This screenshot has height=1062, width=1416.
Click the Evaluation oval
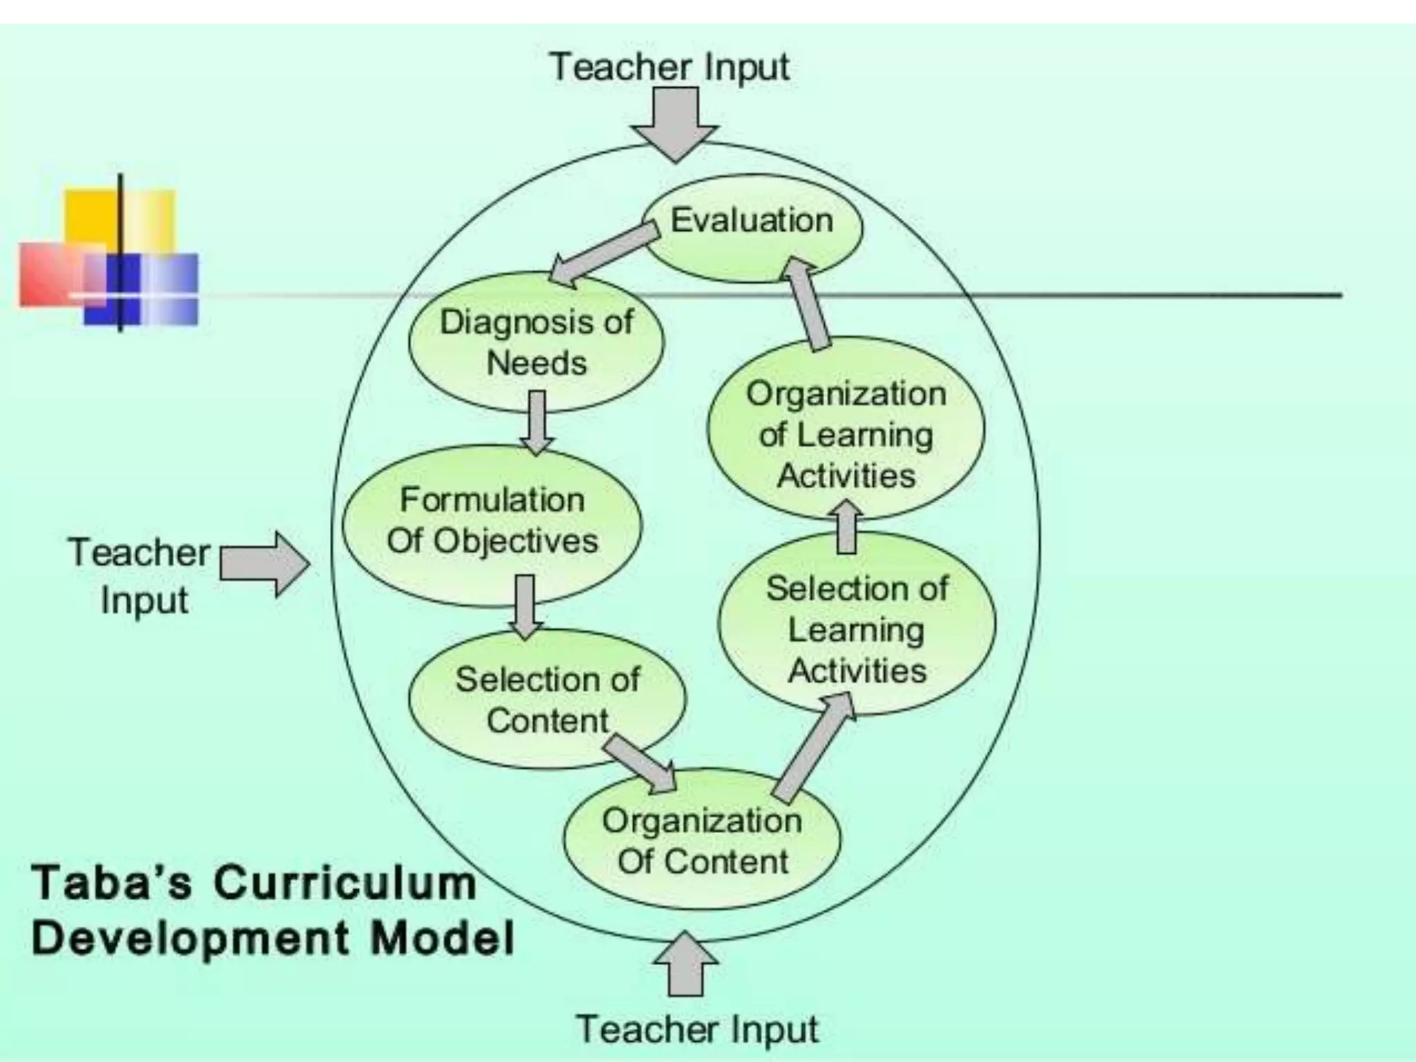point(752,228)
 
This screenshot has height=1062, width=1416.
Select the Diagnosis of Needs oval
point(537,343)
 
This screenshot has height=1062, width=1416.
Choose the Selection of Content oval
point(548,698)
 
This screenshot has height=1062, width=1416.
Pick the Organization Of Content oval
point(702,841)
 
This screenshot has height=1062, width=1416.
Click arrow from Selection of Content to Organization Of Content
point(640,763)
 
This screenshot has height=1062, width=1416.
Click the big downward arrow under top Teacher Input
point(675,124)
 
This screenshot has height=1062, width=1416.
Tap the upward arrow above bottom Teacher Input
point(686,964)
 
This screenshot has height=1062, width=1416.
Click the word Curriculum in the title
point(346,884)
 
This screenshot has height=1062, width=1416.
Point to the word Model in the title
point(442,939)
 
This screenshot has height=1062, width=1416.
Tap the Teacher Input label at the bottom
point(697,1029)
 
